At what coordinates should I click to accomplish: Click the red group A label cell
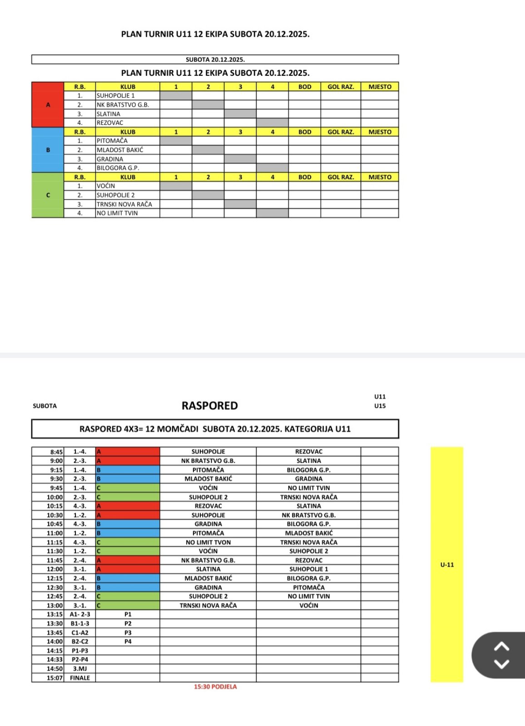pos(48,105)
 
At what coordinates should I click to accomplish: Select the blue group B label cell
pos(48,150)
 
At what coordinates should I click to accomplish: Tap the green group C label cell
pos(48,195)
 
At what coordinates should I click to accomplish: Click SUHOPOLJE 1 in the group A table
pos(116,96)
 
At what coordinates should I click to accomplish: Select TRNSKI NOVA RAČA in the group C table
pos(124,204)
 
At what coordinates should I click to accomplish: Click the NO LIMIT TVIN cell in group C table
pos(117,213)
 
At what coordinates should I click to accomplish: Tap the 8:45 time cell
pos(56,452)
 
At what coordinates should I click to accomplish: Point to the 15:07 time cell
pos(55,678)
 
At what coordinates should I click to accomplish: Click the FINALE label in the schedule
pos(80,678)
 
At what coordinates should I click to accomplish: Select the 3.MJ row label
pos(80,669)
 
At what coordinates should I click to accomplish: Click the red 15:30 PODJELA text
pos(215,687)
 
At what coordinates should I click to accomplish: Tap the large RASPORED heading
pos(210,406)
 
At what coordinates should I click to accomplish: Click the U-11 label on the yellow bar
pos(447,565)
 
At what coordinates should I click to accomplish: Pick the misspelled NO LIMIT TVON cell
pos(208,542)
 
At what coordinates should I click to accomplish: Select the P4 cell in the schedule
pos(128,642)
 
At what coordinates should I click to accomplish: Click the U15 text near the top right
pos(380,406)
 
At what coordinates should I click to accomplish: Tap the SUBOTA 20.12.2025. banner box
pos(215,59)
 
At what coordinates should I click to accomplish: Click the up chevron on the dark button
pos(501,646)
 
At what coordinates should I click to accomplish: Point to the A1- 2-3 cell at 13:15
pos(80,614)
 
